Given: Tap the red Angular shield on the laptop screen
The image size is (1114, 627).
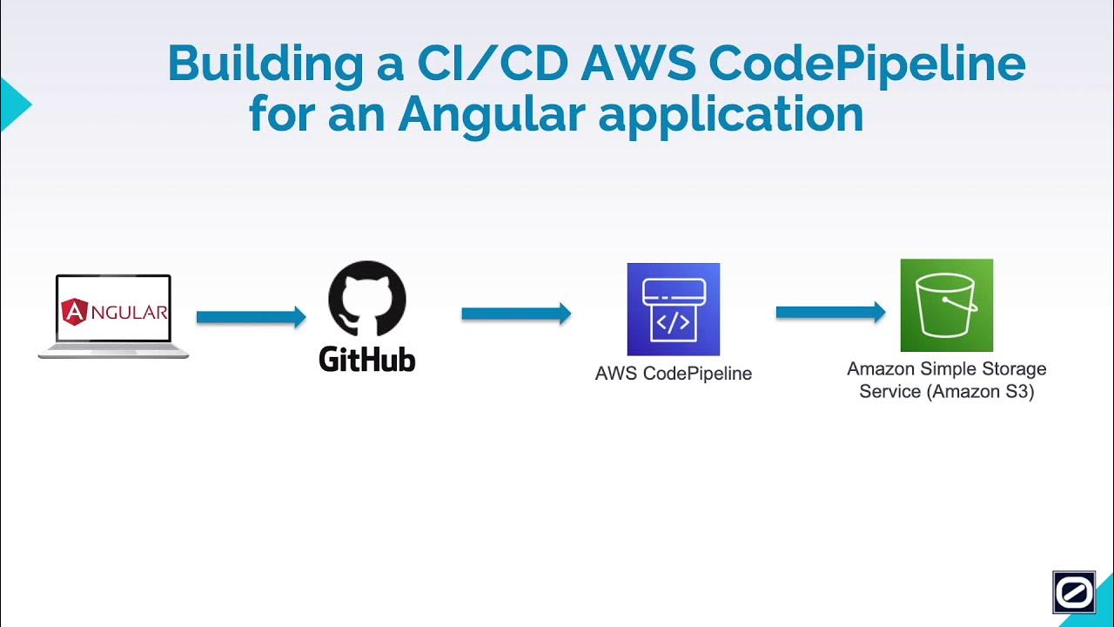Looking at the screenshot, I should [x=75, y=311].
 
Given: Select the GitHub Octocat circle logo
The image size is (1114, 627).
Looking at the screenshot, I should [x=366, y=299].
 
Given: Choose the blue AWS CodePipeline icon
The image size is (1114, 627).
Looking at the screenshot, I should [x=673, y=309].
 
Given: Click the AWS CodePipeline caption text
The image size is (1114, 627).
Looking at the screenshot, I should [x=673, y=374].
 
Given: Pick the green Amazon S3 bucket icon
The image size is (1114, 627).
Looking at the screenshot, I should [x=946, y=305].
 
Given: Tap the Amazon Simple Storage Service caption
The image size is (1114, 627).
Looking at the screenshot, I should [x=946, y=380].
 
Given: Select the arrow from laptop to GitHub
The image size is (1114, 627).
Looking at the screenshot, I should [x=251, y=317].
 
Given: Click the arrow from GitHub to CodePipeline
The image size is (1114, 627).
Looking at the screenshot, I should [x=515, y=313].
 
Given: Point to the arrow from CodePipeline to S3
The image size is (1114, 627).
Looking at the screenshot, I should [x=830, y=312].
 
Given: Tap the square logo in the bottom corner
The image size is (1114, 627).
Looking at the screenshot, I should [x=1073, y=592].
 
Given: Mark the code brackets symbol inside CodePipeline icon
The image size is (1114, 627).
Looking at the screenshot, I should [x=673, y=323].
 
